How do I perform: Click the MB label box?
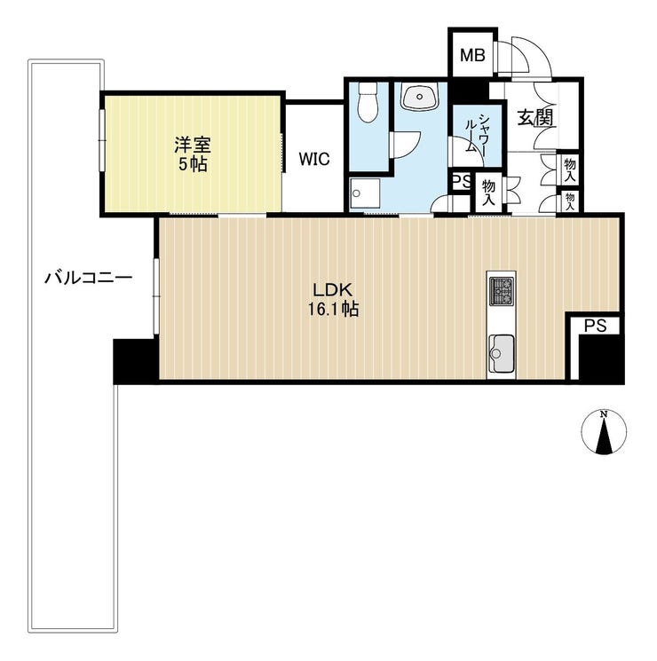tap(472, 55)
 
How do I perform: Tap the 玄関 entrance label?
tap(535, 118)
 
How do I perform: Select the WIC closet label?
tap(314, 159)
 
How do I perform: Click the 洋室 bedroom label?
tap(193, 145)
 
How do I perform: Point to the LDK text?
tap(332, 290)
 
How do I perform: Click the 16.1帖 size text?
tap(333, 310)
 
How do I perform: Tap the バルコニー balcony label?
tap(89, 278)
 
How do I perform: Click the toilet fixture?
tap(368, 102)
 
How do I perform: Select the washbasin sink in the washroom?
tap(419, 96)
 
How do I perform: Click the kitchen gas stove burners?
tap(501, 291)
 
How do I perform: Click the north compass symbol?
tap(604, 432)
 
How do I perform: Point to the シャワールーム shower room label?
tap(477, 133)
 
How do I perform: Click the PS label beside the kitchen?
tap(596, 325)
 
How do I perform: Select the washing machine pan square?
tap(365, 193)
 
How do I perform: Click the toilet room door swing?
tap(406, 145)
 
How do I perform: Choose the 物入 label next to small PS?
tap(488, 193)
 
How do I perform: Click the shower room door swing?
tap(466, 152)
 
